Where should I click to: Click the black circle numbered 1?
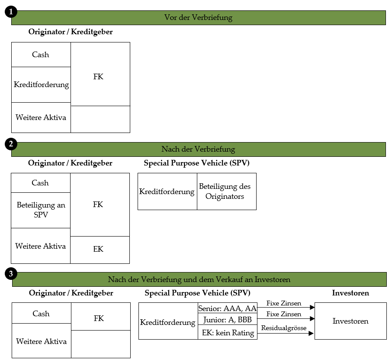tap(11, 12)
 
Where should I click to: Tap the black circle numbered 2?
tap(11, 144)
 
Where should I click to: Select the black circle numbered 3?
tap(11, 274)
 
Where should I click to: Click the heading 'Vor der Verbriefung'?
tap(198, 17)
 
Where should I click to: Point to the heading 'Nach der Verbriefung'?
tap(198, 149)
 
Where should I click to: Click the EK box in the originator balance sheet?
tap(100, 250)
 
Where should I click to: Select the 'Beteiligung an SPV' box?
tap(41, 210)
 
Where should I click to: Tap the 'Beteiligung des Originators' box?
tap(227, 191)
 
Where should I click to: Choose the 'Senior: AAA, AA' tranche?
tap(228, 308)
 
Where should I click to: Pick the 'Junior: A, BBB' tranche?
tap(228, 319)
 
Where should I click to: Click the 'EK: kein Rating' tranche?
tap(228, 332)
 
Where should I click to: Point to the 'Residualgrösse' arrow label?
tap(284, 328)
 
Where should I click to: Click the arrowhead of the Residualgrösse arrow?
tap(311, 333)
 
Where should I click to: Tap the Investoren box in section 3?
tap(350, 321)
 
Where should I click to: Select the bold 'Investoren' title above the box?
tap(350, 293)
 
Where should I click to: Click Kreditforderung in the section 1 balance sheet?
tap(41, 84)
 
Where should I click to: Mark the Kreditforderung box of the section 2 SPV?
tap(167, 191)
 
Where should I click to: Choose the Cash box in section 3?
tap(42, 313)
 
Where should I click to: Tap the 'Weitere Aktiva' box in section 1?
tap(41, 118)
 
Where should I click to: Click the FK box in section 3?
tap(101, 316)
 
